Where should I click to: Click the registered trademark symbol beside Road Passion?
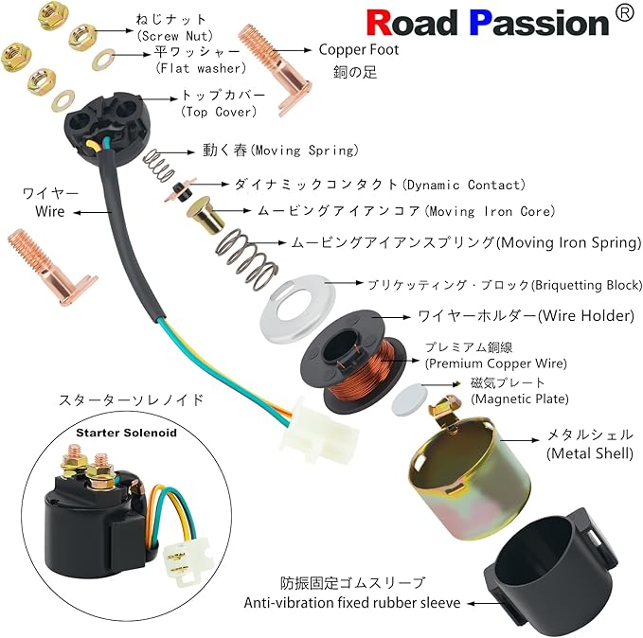[623, 13]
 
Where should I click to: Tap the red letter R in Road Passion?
[381, 22]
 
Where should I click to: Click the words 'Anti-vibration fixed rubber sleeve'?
[353, 602]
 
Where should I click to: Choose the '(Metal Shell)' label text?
[589, 453]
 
